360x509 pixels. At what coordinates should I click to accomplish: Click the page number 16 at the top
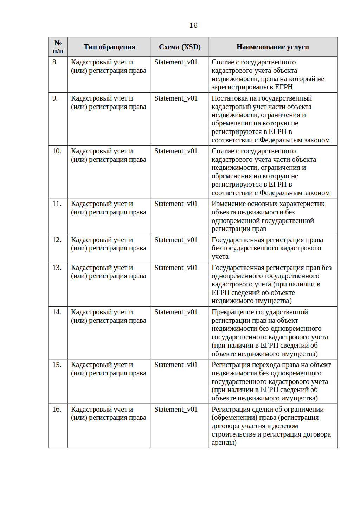pyautogui.click(x=193, y=25)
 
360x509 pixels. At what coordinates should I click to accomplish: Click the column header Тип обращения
pyautogui.click(x=109, y=47)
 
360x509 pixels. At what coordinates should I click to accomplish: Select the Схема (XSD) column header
pyautogui.click(x=180, y=47)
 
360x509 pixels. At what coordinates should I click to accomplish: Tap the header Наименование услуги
pyautogui.click(x=272, y=47)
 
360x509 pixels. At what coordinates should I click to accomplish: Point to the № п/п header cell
pyautogui.click(x=58, y=47)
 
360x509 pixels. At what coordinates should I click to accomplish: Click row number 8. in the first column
pyautogui.click(x=55, y=62)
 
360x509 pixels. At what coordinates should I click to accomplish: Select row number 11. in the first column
pyautogui.click(x=57, y=204)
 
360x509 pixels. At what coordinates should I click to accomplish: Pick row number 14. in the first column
pyautogui.click(x=57, y=312)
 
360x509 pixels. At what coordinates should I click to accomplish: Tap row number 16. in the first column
pyautogui.click(x=57, y=410)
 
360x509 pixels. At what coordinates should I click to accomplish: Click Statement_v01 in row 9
pyautogui.click(x=176, y=98)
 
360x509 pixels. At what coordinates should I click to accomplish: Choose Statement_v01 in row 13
pyautogui.click(x=176, y=268)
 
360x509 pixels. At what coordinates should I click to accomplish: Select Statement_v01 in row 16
pyautogui.click(x=176, y=410)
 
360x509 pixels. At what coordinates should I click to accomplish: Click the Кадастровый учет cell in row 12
pyautogui.click(x=108, y=244)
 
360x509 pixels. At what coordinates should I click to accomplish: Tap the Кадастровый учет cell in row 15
pyautogui.click(x=108, y=369)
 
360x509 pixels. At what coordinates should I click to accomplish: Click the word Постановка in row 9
pyautogui.click(x=230, y=98)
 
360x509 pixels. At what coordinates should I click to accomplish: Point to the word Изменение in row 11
pyautogui.click(x=229, y=204)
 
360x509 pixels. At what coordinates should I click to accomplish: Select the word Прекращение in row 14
pyautogui.click(x=232, y=312)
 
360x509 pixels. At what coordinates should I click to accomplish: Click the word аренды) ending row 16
pyautogui.click(x=224, y=443)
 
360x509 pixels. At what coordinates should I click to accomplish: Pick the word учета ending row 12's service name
pyautogui.click(x=220, y=257)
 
